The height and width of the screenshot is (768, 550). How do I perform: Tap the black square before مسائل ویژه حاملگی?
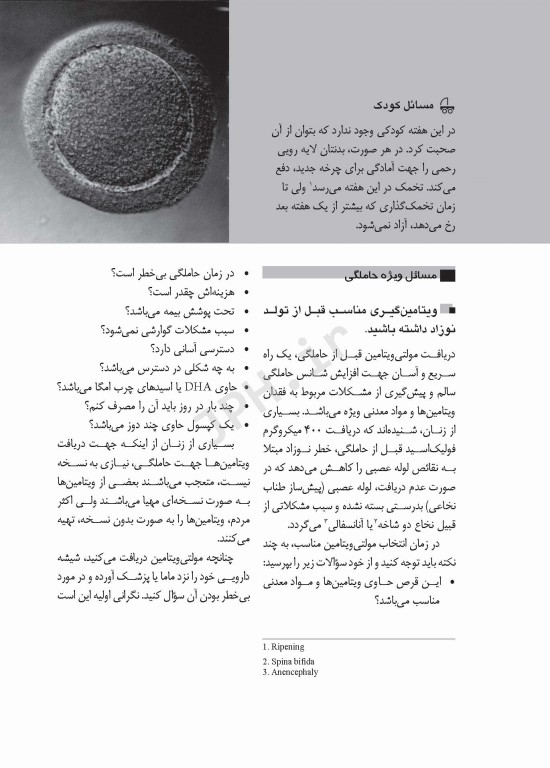coord(447,273)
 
